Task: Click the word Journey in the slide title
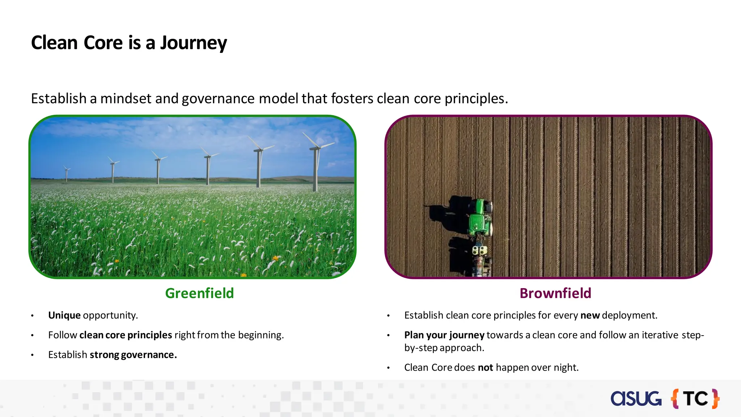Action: (193, 43)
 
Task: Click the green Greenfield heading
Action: (199, 293)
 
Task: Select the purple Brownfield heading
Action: (555, 293)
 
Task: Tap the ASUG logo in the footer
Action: (636, 399)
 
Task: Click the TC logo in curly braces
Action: (695, 399)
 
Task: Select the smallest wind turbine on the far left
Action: (67, 174)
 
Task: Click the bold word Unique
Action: (64, 315)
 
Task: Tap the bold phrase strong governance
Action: (133, 355)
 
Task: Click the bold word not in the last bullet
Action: (485, 368)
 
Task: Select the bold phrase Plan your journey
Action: (444, 335)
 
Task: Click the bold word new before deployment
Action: (590, 315)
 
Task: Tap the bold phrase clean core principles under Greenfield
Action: (126, 335)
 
